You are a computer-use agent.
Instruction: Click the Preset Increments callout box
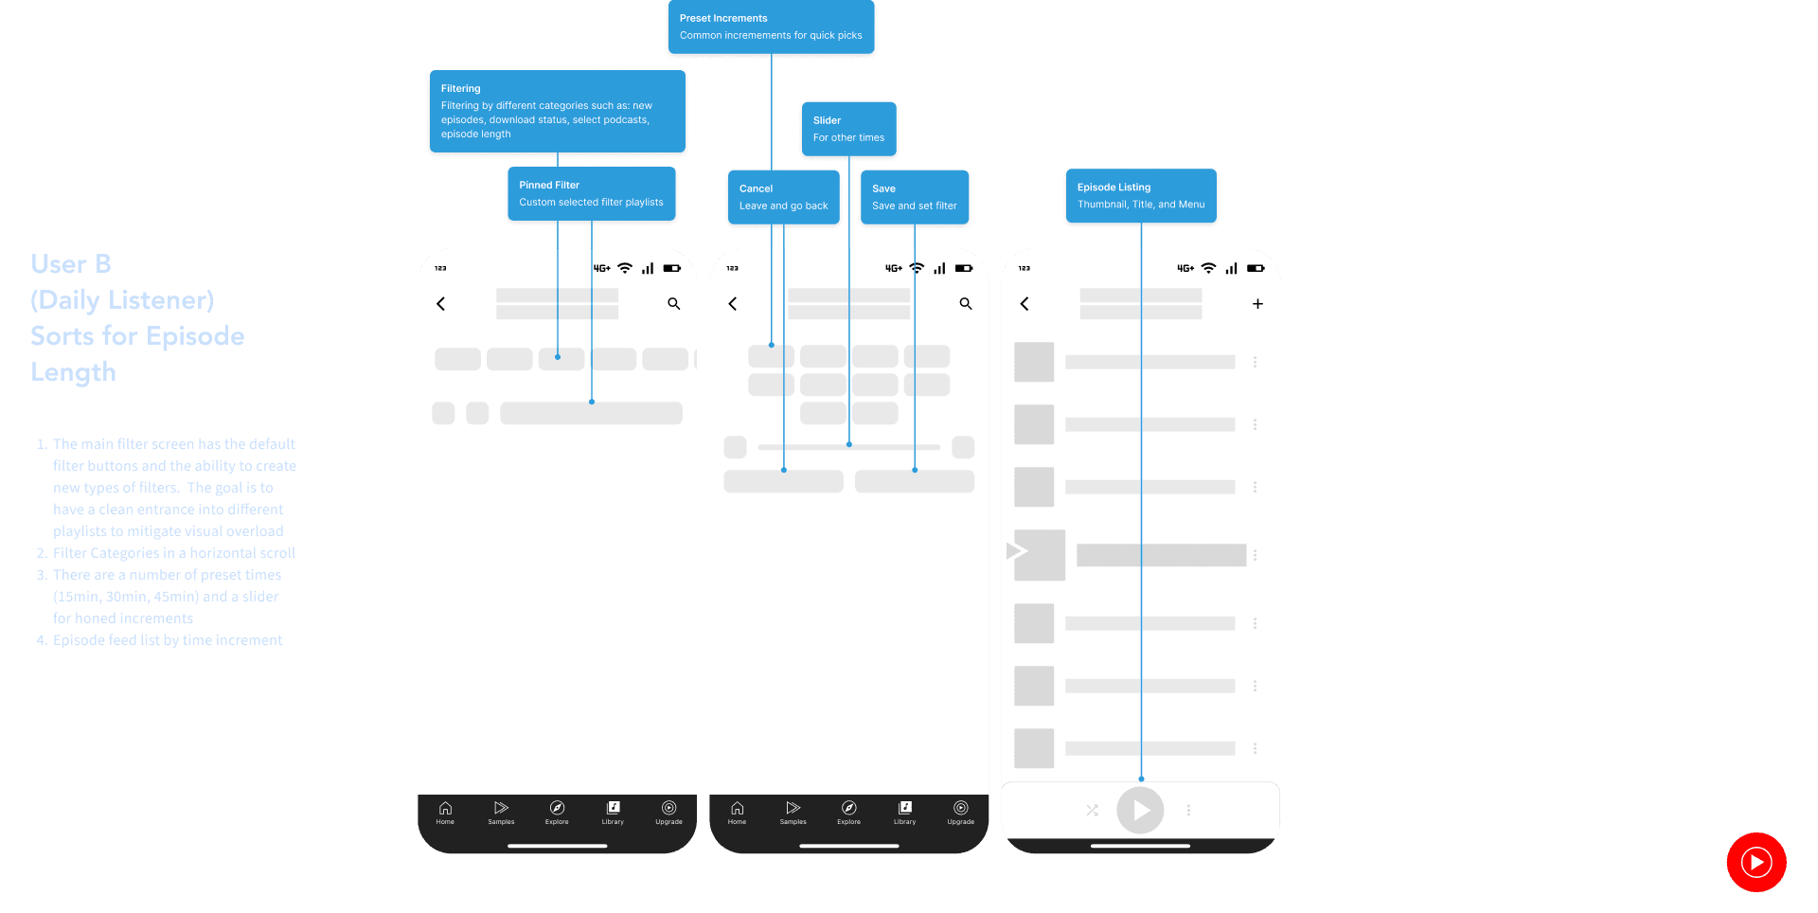click(x=771, y=27)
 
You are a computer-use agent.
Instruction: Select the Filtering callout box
click(x=557, y=111)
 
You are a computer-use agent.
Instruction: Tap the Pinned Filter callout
click(x=591, y=194)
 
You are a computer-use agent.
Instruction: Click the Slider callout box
click(x=848, y=129)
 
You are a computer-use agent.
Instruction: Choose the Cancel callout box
click(x=783, y=197)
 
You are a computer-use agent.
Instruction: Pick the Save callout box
click(x=914, y=197)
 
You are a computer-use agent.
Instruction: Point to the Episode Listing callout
click(x=1140, y=196)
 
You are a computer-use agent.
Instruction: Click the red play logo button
click(x=1756, y=862)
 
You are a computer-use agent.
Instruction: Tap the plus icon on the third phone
click(x=1257, y=304)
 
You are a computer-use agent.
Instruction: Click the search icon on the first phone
click(x=674, y=304)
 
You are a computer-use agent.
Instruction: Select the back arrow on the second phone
click(x=733, y=304)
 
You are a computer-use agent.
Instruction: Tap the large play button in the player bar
click(x=1140, y=811)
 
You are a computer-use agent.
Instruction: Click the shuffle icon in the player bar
click(x=1092, y=811)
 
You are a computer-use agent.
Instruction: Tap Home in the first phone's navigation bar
click(x=445, y=812)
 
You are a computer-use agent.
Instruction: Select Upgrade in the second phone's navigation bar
click(x=960, y=812)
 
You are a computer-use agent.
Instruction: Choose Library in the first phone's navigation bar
click(x=613, y=812)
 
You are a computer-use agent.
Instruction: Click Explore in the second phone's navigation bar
click(x=848, y=812)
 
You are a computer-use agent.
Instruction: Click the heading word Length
click(x=73, y=372)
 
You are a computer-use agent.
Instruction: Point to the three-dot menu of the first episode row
click(x=1255, y=362)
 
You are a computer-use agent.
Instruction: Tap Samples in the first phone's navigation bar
click(x=501, y=812)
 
